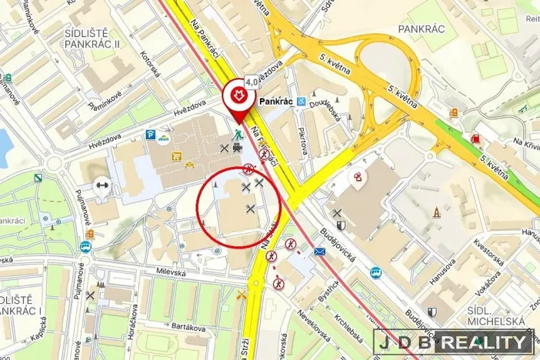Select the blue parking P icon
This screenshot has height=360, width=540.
[x=150, y=135]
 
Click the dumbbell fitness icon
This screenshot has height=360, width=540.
[x=101, y=185]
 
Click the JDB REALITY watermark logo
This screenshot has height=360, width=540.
[x=454, y=343]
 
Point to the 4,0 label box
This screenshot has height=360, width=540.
[x=252, y=81]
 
